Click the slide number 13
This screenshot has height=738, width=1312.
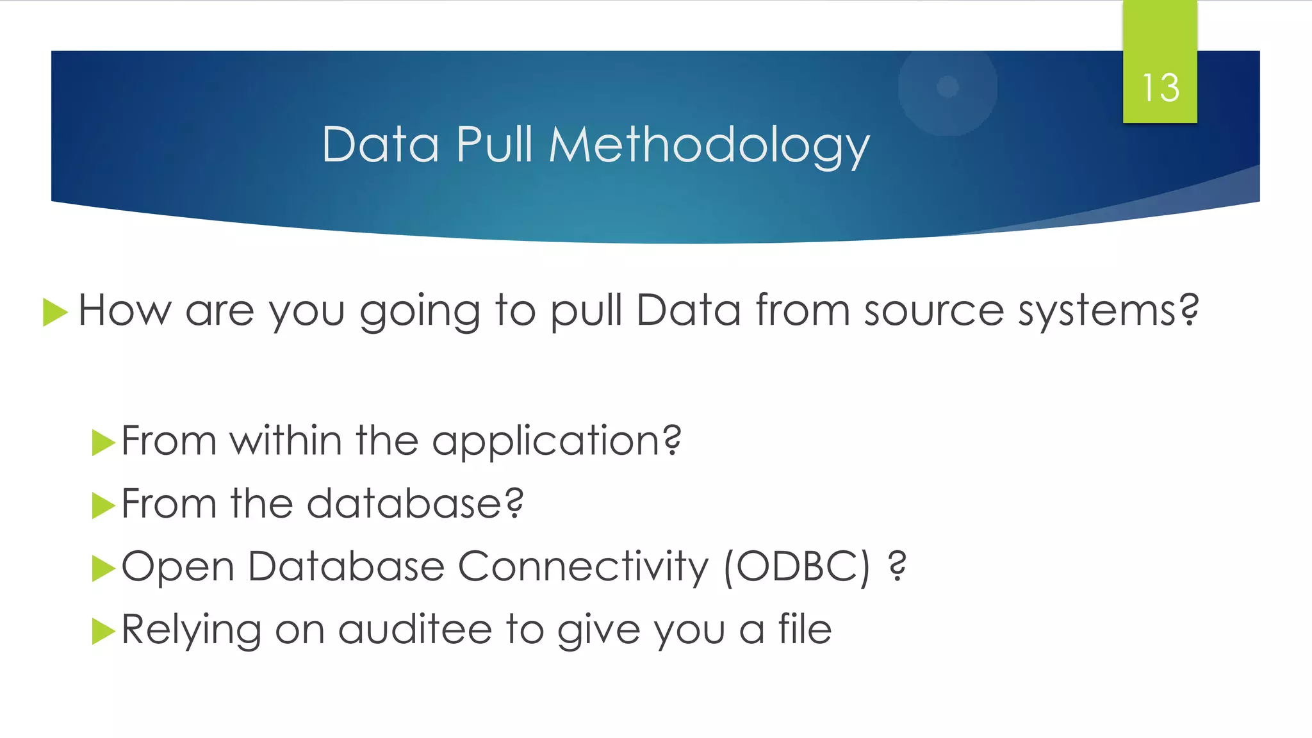[x=1160, y=87]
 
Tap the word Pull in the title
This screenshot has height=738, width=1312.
[x=494, y=144]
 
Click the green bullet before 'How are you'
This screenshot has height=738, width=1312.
[x=55, y=313]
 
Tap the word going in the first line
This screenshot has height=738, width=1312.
[x=420, y=311]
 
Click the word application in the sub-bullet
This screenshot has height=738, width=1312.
[x=556, y=442]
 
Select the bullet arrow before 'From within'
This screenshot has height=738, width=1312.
[x=103, y=443]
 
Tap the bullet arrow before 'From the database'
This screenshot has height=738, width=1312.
[x=103, y=505]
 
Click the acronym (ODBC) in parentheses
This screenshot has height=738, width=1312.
[x=798, y=567]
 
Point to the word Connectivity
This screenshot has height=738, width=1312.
[x=583, y=567]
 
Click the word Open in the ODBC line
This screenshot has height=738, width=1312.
[x=177, y=567]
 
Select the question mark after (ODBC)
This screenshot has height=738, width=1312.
[x=898, y=566]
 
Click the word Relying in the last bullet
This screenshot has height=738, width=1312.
[x=191, y=630]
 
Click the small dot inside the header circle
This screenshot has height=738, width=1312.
[x=947, y=86]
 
